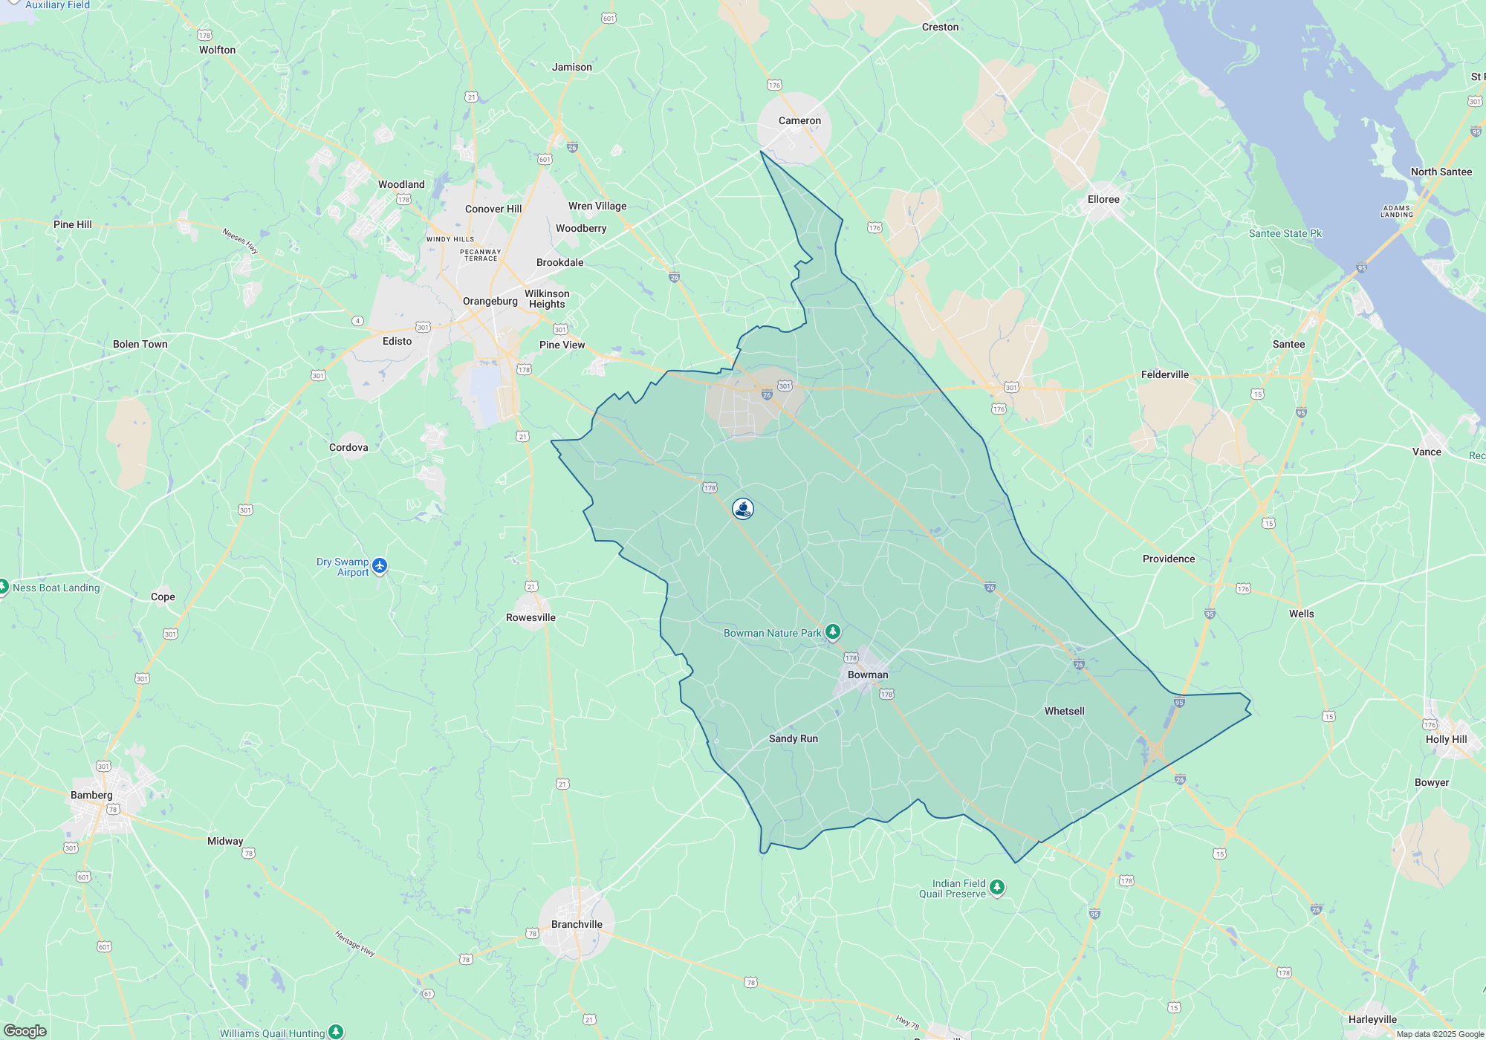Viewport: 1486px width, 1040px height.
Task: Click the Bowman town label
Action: coord(868,675)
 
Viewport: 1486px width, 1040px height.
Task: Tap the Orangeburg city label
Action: coord(490,301)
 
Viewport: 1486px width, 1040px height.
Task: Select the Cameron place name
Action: coord(799,120)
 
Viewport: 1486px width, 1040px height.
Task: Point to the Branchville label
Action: coord(577,924)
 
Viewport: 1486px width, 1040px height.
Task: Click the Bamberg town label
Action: coord(91,795)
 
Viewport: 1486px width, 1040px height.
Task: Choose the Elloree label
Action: coord(1103,199)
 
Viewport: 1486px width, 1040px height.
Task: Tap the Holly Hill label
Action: coord(1446,739)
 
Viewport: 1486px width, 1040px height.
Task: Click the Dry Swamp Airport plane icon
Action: coord(380,566)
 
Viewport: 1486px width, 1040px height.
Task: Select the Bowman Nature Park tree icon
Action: coord(833,632)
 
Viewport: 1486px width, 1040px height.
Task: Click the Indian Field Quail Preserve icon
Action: coord(997,887)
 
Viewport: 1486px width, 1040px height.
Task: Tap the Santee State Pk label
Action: coord(1285,233)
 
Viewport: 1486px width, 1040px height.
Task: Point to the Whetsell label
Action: coord(1064,711)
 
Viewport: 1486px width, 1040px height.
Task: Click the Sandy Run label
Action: coord(793,738)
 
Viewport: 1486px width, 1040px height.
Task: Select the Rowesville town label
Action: coord(531,617)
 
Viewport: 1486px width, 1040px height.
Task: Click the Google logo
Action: coord(25,1031)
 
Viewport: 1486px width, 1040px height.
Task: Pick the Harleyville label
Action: coord(1372,1019)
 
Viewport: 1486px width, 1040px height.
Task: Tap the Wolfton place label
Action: coord(217,50)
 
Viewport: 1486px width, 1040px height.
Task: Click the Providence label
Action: coord(1168,559)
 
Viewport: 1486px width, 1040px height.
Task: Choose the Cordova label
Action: coord(348,447)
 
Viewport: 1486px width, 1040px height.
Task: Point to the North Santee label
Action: coord(1441,172)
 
